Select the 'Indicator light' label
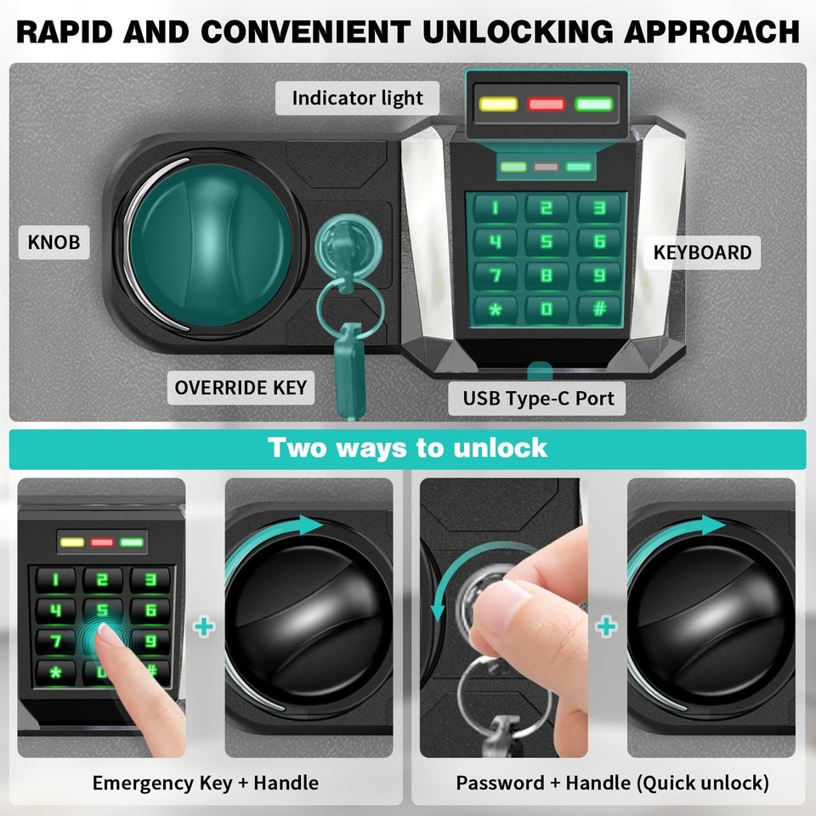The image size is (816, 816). point(357,99)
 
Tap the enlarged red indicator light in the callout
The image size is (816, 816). point(546,105)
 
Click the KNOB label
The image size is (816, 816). point(54,242)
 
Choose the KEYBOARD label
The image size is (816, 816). point(702,252)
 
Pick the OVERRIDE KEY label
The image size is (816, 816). point(241,388)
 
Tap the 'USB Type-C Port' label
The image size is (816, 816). point(538,397)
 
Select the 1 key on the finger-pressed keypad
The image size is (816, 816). point(55,581)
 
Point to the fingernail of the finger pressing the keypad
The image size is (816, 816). point(106,633)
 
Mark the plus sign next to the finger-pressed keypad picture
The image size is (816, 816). point(204,627)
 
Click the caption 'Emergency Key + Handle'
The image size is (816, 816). point(205,783)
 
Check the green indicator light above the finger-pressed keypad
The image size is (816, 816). point(131,541)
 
